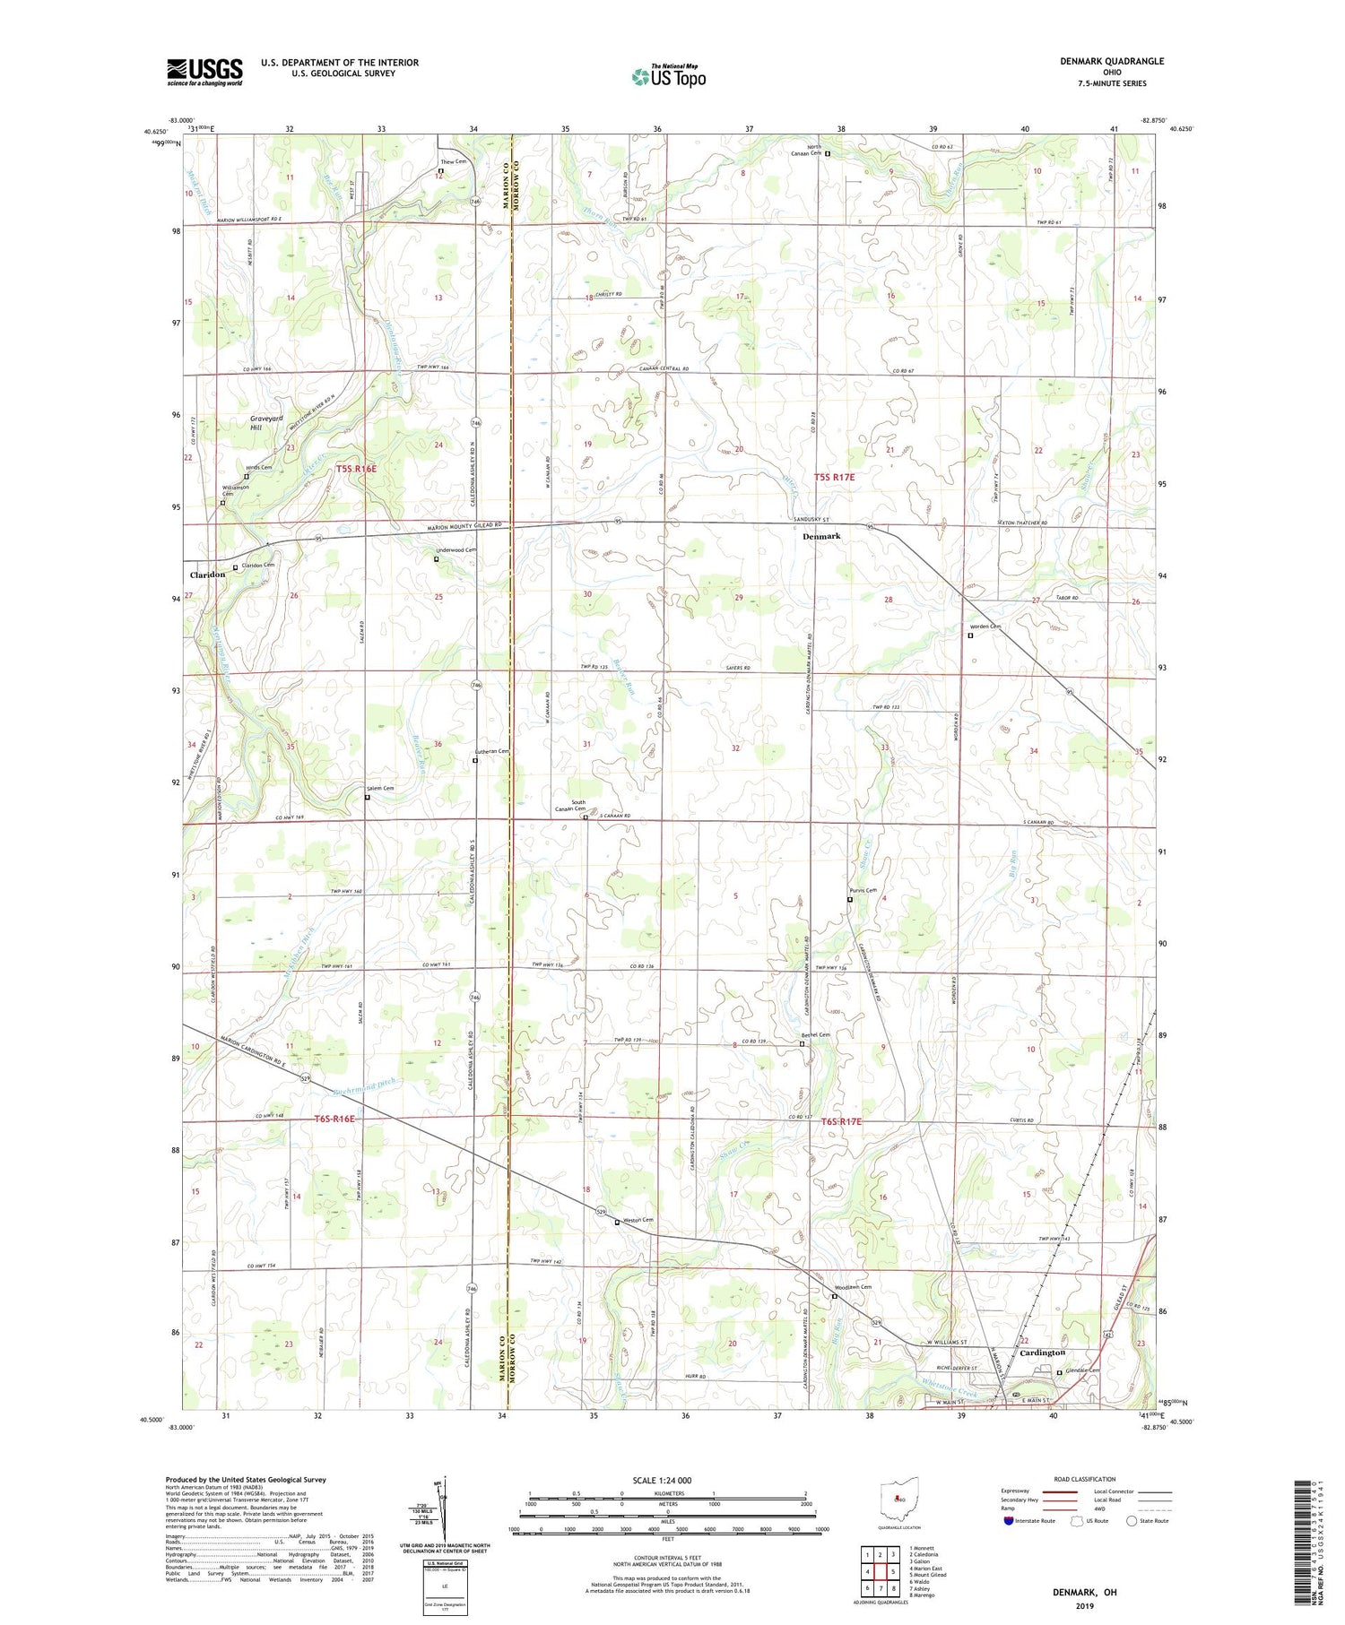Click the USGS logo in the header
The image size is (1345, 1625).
click(204, 72)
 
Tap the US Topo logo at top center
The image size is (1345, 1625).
click(668, 77)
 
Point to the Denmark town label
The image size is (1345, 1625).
click(821, 536)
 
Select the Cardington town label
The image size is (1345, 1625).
click(1043, 1353)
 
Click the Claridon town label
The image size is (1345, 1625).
click(207, 575)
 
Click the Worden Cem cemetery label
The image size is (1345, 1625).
click(985, 627)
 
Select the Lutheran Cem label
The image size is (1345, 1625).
click(491, 751)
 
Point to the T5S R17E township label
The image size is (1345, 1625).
click(834, 478)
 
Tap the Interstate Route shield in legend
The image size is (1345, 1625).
click(1009, 1521)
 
